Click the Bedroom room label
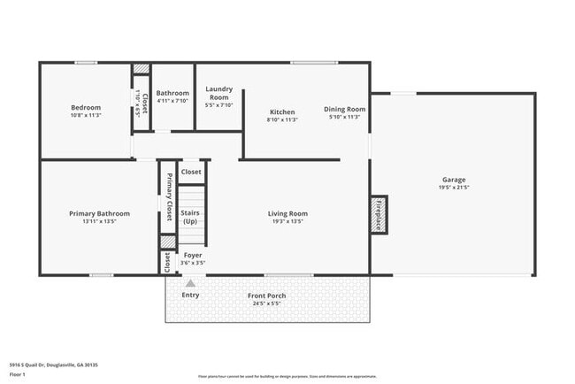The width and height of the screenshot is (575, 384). [x=86, y=108]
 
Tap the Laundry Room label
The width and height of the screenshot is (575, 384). [x=218, y=93]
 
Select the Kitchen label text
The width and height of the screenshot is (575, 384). [x=282, y=111]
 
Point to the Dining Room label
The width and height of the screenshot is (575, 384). [x=344, y=109]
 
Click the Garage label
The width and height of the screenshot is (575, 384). [x=454, y=180]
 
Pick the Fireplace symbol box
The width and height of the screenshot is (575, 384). [x=379, y=214]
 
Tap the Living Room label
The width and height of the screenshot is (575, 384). [x=287, y=213]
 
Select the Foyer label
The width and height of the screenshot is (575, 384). [x=193, y=255]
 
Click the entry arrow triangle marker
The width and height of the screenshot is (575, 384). [x=189, y=283]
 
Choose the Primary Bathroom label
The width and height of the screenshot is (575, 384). [x=99, y=213]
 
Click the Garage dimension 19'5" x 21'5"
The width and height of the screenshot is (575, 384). [x=454, y=188]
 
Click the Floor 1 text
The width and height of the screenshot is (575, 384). [x=18, y=374]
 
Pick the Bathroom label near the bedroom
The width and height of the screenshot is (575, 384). [x=172, y=93]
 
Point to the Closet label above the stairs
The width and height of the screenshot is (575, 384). [x=191, y=172]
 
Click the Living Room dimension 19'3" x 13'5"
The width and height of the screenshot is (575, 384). [x=287, y=221]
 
